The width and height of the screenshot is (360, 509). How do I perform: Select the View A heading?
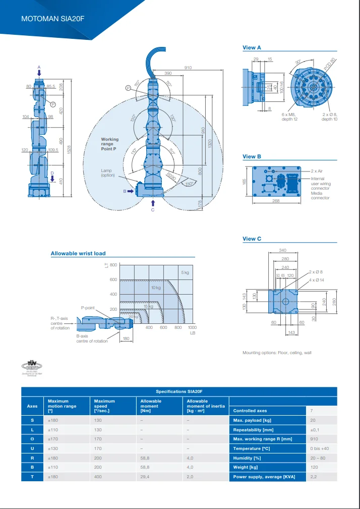(x=252, y=47)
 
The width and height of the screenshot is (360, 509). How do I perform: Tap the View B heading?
(x=252, y=156)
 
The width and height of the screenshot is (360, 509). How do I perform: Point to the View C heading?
(x=252, y=239)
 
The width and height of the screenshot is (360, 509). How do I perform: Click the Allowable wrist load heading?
(x=78, y=253)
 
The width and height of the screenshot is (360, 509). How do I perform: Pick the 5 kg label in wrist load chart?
(x=185, y=273)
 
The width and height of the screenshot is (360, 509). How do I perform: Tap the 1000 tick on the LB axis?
(x=192, y=327)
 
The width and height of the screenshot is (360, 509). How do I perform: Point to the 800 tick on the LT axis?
(x=113, y=265)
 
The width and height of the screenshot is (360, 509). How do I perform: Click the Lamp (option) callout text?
(x=108, y=173)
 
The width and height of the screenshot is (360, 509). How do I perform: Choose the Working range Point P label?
(x=110, y=144)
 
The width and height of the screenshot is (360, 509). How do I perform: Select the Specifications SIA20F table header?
(x=179, y=391)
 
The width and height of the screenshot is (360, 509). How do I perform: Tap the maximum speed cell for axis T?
(x=98, y=477)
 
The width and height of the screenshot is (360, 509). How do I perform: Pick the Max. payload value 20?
(x=313, y=420)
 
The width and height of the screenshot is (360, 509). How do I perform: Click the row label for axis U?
(x=32, y=448)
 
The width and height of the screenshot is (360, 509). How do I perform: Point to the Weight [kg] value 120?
(x=314, y=467)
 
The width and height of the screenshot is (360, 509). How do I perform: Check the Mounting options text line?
(x=277, y=353)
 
